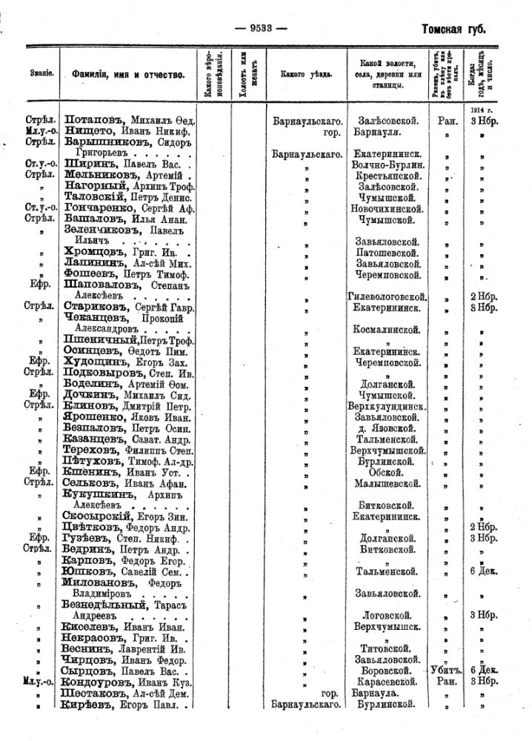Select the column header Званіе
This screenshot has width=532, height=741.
[x=41, y=74]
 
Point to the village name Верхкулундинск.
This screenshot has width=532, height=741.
[x=387, y=407]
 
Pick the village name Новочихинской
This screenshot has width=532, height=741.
[x=387, y=210]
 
